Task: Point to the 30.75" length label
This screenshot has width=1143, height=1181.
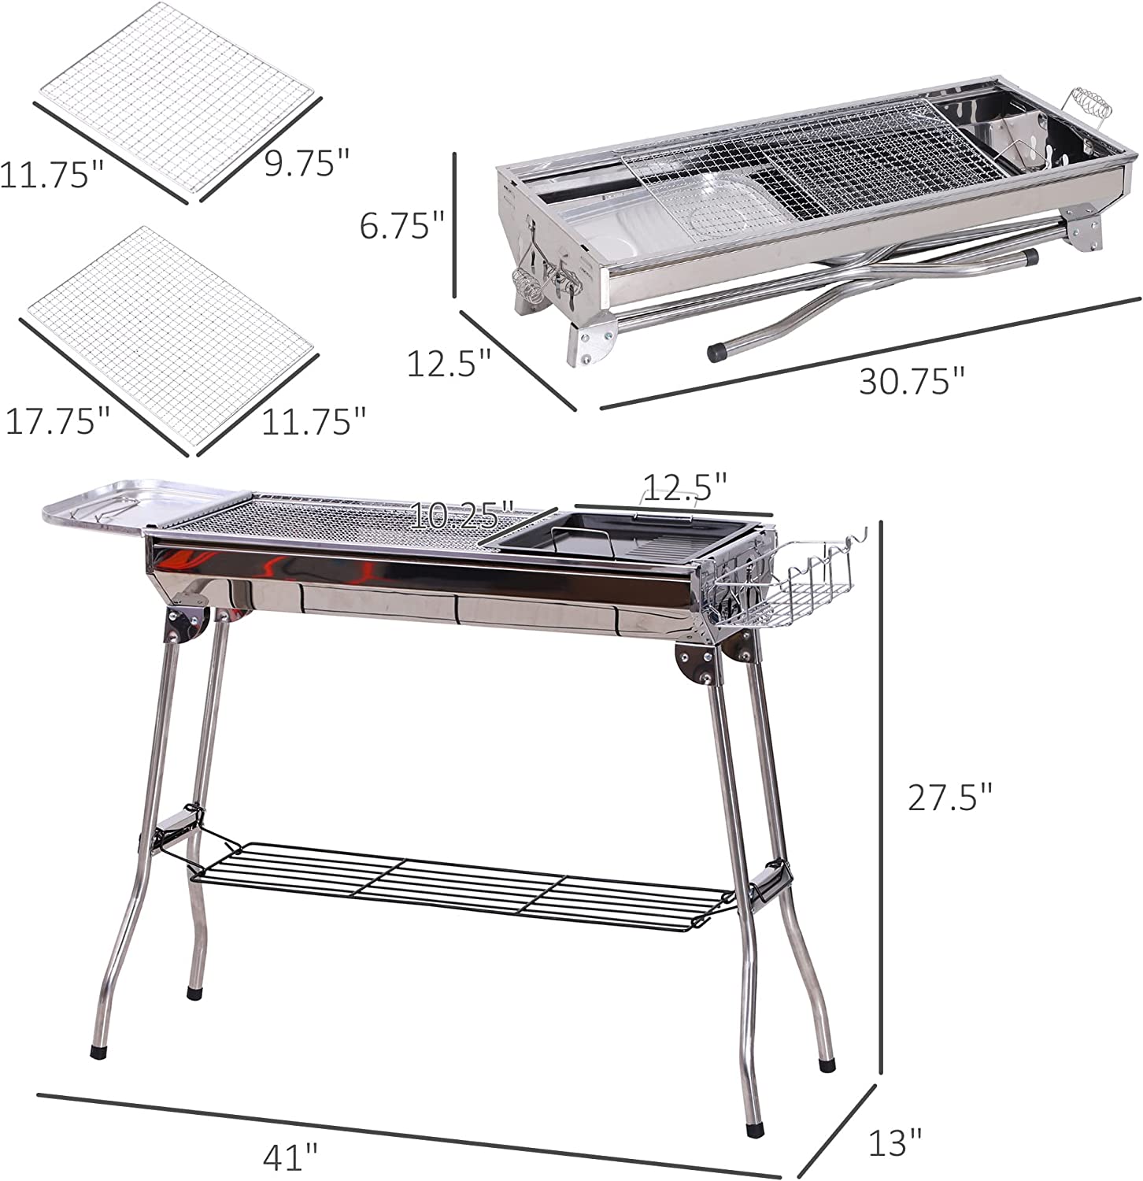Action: (x=912, y=382)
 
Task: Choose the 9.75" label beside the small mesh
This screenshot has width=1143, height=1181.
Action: (x=306, y=164)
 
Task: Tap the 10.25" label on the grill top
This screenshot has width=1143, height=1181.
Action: (x=464, y=516)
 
